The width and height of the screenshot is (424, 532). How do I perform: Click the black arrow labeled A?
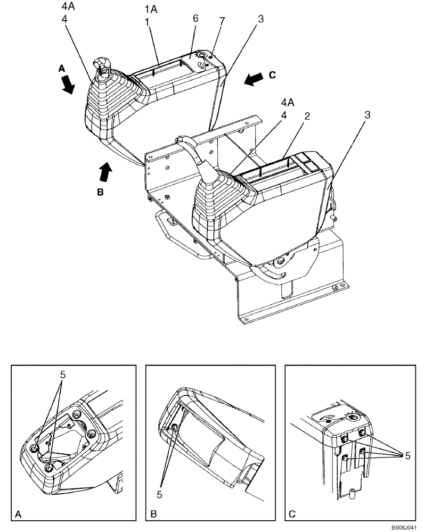click(68, 84)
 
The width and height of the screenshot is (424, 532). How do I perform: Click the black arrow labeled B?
click(106, 172)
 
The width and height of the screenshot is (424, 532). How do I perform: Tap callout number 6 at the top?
click(195, 18)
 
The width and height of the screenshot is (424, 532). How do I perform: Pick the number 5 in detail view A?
click(62, 375)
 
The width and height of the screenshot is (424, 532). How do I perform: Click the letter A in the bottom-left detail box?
click(19, 514)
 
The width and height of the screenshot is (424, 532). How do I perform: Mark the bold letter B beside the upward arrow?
click(100, 193)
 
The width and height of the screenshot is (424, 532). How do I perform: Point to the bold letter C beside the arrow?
click(272, 75)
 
